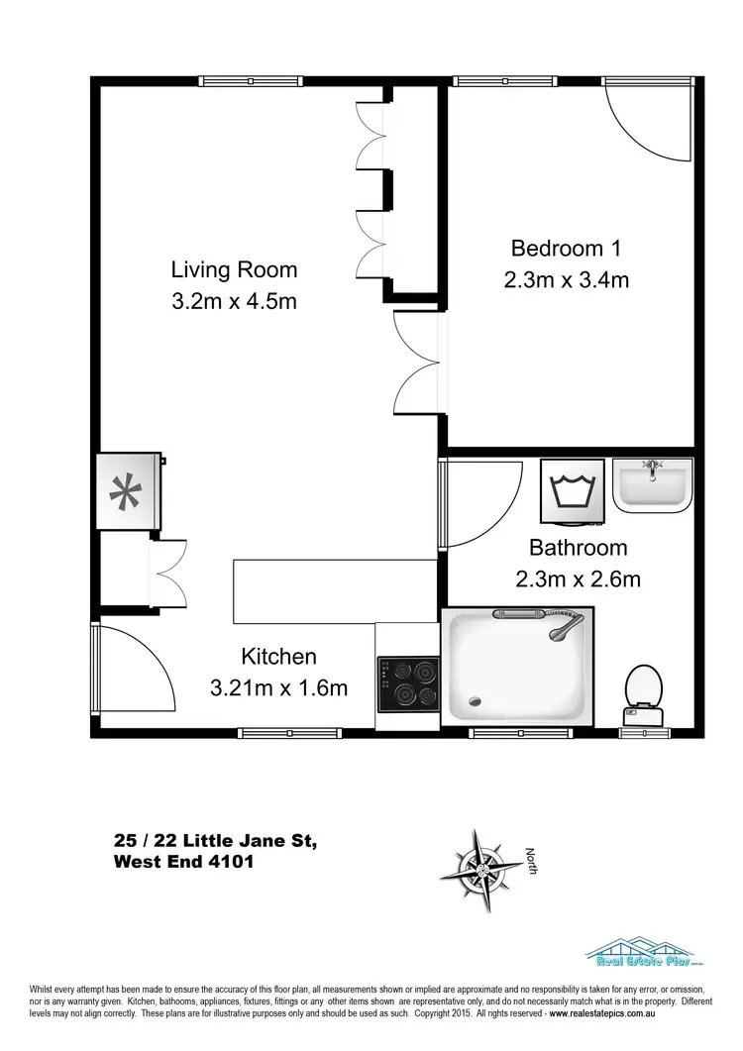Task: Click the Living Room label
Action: pyautogui.click(x=234, y=269)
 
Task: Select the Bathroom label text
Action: pyautogui.click(x=578, y=547)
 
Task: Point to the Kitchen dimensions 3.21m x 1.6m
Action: pyautogui.click(x=278, y=687)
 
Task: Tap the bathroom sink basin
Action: pyautogui.click(x=651, y=484)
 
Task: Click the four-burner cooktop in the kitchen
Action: pyautogui.click(x=408, y=682)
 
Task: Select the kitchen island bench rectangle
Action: pyautogui.click(x=335, y=591)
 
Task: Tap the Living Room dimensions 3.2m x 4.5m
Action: pyautogui.click(x=234, y=301)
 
